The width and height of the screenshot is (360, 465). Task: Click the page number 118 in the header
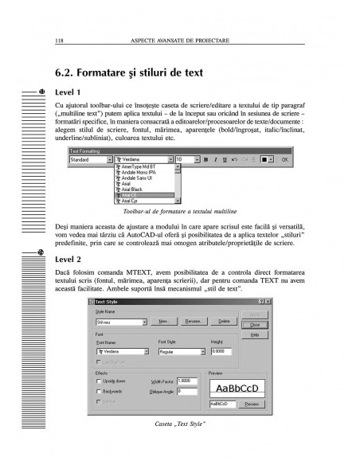pyautogui.click(x=59, y=39)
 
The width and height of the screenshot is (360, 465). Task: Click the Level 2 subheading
pyautogui.click(x=69, y=259)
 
